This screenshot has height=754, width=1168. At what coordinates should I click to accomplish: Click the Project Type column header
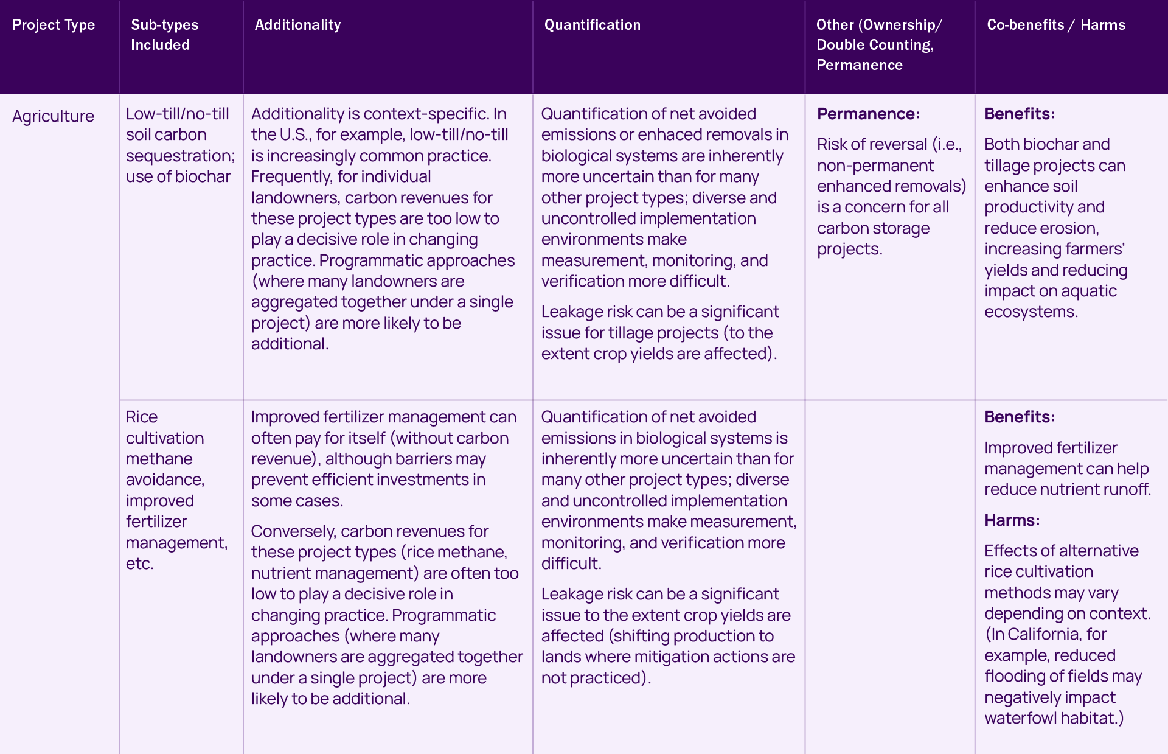point(54,25)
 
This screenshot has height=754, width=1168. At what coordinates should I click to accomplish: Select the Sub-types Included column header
point(164,35)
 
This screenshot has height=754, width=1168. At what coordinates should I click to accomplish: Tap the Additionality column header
point(297,25)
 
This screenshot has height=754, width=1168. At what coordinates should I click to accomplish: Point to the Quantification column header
point(592,25)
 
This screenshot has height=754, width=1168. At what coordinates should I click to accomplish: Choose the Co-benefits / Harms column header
point(1055,25)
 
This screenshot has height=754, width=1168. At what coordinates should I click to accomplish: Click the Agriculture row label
point(53,116)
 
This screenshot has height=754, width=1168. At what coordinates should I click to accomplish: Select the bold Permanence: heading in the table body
point(868,114)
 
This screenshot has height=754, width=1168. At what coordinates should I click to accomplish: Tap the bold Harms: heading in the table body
point(1012,520)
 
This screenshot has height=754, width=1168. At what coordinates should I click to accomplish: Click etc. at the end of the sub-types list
point(139,564)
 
